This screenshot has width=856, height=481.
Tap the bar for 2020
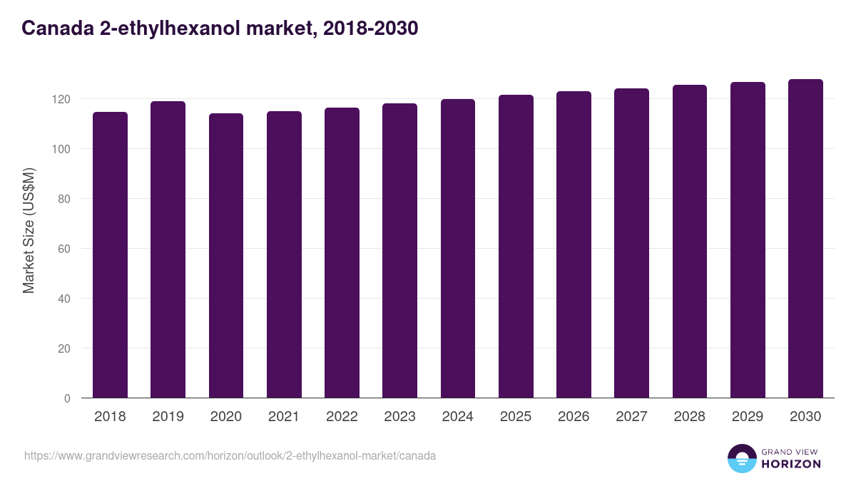tap(225, 256)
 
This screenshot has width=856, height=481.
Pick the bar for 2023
tap(399, 251)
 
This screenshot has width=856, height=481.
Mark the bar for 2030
tap(805, 239)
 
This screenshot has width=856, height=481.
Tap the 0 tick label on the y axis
tap(67, 398)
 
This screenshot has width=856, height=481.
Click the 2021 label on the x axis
tap(283, 417)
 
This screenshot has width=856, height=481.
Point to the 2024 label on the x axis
tap(457, 417)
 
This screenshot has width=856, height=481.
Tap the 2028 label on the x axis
tap(689, 417)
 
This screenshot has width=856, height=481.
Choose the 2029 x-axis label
tap(747, 417)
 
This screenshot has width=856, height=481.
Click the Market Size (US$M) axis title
tap(29, 231)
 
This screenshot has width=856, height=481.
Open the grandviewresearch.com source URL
tap(230, 455)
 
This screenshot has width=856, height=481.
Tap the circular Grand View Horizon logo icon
tap(741, 458)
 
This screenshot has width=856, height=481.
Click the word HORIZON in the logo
tap(791, 464)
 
